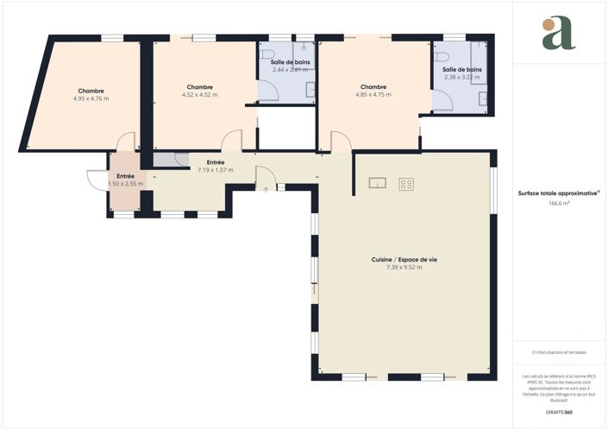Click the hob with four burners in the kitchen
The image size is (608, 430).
click(407, 183)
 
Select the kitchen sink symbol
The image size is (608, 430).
click(377, 182)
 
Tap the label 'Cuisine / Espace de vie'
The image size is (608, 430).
click(398, 260)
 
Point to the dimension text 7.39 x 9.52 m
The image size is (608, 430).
click(398, 268)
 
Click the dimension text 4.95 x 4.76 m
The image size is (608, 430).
click(91, 98)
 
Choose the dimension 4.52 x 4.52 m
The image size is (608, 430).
click(199, 94)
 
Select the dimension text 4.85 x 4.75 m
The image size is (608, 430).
click(373, 94)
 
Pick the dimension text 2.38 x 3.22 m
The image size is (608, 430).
click(462, 77)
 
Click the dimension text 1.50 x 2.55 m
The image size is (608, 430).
click(125, 183)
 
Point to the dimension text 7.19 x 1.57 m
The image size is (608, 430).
click(215, 169)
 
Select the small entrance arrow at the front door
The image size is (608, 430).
click(266, 189)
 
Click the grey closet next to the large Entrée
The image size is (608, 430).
click(166, 159)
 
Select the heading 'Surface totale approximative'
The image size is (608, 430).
click(558, 194)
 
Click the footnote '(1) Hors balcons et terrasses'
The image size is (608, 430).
click(558, 352)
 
